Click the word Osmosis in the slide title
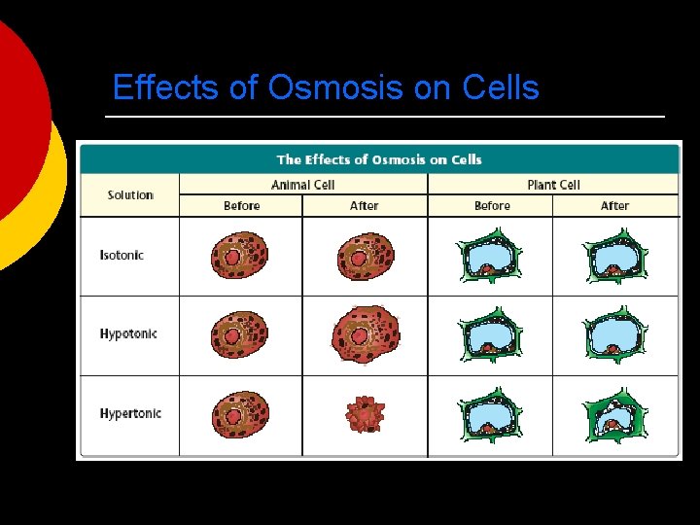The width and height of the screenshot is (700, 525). tap(335, 88)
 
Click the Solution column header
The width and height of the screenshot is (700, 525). tap(130, 195)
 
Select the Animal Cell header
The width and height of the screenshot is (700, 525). tap(303, 185)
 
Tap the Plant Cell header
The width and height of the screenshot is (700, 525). tap(553, 185)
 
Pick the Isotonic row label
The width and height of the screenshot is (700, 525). tap(122, 256)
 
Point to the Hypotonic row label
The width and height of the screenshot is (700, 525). tap(128, 334)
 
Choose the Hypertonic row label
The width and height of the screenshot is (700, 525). tap(130, 414)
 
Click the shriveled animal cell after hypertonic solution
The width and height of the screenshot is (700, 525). tap(366, 414)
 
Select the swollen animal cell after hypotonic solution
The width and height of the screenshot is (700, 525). tap(365, 334)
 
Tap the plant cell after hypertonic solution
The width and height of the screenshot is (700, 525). tap(614, 415)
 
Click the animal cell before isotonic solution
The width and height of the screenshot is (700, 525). tap(240, 256)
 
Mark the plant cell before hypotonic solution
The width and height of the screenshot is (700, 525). tap(490, 335)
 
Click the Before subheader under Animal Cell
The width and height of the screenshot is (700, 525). tap(241, 206)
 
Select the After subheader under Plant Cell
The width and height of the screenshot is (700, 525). tap(614, 206)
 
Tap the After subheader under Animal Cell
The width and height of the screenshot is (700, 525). tap(364, 206)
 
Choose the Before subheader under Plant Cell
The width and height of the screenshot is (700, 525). tap(492, 206)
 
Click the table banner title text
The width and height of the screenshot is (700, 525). tap(379, 159)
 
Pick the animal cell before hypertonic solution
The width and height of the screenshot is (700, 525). tap(240, 414)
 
